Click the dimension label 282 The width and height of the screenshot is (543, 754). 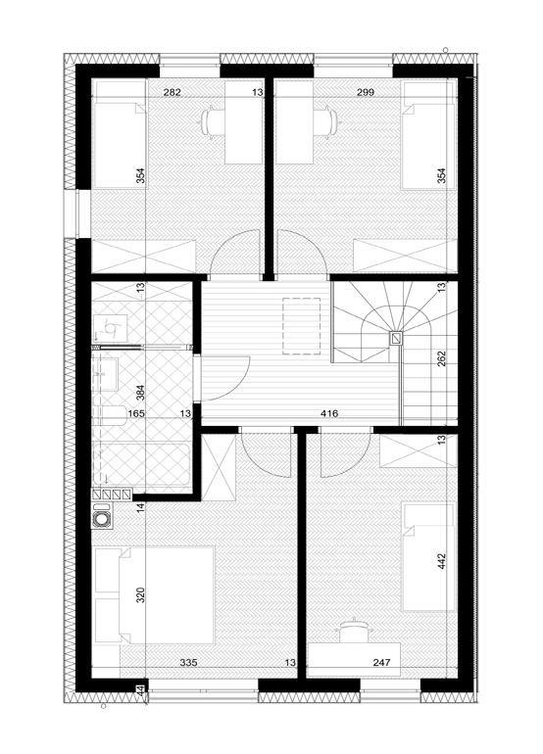[x=172, y=92]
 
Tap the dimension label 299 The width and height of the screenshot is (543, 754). [x=366, y=92]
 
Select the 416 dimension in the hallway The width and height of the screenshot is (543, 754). [x=329, y=413]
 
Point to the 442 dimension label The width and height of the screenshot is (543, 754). [x=442, y=562]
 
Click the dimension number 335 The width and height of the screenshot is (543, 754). [x=188, y=663]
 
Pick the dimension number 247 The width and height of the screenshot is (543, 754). [x=381, y=663]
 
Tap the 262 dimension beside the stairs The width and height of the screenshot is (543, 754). [x=442, y=359]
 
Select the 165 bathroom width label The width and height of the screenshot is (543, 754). [x=136, y=413]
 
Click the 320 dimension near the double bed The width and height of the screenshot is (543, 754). [x=140, y=595]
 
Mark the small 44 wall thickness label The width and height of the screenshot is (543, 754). [x=140, y=690]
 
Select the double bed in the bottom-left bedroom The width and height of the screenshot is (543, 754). [x=154, y=594]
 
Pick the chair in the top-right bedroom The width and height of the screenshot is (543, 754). [x=325, y=124]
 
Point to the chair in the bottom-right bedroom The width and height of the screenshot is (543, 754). [x=354, y=630]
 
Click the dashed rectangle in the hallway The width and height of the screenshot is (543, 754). [x=301, y=326]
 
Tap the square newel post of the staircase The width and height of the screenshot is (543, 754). [x=396, y=339]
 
